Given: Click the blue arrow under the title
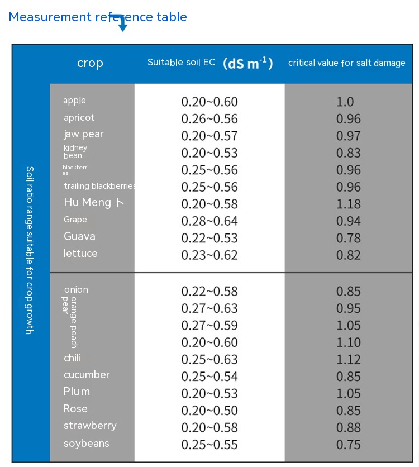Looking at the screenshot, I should [122, 24].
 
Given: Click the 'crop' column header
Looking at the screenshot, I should [90, 63].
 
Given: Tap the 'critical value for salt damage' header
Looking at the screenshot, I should [346, 63].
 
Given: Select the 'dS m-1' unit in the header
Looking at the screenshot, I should [247, 63].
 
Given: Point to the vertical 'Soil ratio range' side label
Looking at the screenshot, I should [30, 250].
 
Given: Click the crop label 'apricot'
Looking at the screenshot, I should [79, 118].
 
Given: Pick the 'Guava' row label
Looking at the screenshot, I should [79, 236].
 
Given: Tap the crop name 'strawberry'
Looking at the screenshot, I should [90, 426].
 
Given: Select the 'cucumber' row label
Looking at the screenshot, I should [87, 375].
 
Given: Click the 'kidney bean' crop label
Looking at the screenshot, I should [75, 151].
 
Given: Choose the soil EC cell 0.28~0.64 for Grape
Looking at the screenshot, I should [209, 221].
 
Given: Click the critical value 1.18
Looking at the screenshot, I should [349, 204].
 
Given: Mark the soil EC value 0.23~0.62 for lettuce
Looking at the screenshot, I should [209, 255].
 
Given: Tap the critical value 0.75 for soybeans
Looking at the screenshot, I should [349, 445].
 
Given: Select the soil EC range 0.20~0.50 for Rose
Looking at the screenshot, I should [209, 411].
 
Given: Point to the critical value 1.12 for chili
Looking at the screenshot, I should [349, 359].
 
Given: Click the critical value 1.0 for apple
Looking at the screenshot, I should [345, 102].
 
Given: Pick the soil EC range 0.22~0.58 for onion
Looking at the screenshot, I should [209, 292].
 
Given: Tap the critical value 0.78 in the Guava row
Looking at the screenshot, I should [349, 238].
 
